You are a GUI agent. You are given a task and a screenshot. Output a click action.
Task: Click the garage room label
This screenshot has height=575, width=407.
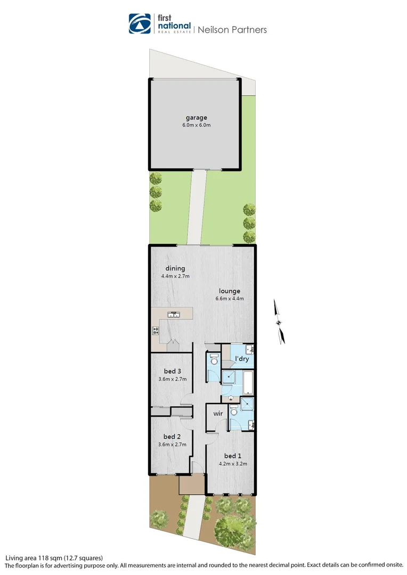point(196,118)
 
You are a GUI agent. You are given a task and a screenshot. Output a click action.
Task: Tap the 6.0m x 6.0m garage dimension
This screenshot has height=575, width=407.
point(196,126)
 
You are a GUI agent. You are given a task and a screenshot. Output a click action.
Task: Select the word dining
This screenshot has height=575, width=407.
point(175,268)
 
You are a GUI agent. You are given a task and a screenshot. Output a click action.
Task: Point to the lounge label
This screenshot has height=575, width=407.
point(229,291)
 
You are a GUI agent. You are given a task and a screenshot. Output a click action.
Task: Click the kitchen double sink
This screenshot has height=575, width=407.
point(174,314)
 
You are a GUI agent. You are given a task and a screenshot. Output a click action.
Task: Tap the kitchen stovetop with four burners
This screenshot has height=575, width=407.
point(156,331)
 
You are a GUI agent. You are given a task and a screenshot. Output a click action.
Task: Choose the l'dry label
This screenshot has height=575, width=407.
point(242,359)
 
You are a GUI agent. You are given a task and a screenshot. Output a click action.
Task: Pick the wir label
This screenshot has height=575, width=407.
point(217,413)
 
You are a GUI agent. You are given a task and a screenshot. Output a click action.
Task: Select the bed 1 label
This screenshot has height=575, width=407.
point(232,456)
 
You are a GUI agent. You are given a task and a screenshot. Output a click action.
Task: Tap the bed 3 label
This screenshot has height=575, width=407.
point(169,371)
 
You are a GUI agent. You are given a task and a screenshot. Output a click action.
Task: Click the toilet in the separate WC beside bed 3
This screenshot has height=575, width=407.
point(214,361)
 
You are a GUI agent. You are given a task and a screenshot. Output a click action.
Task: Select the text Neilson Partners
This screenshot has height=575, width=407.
point(232,30)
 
